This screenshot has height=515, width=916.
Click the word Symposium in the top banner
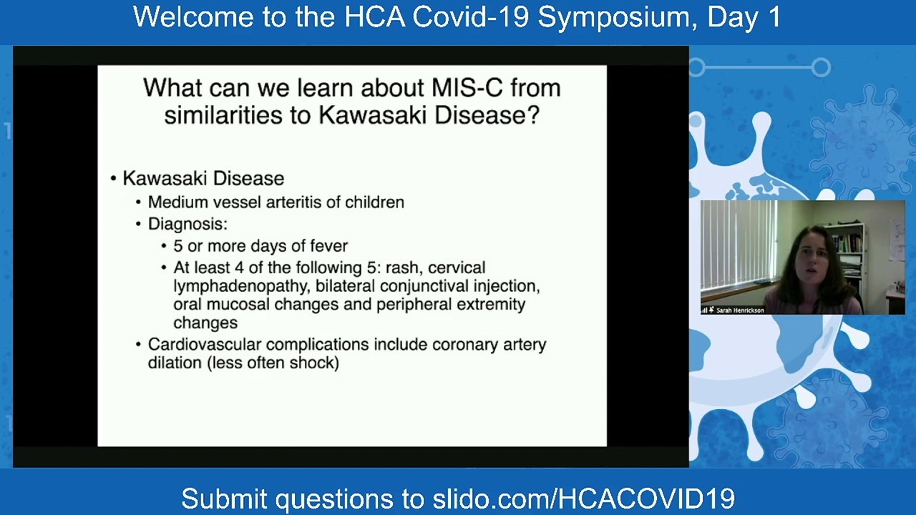(618, 18)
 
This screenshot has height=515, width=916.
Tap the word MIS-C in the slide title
(467, 88)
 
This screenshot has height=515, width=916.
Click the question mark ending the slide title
(534, 115)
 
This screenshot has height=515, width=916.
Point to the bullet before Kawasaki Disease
(114, 179)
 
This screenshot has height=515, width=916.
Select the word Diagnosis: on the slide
(187, 225)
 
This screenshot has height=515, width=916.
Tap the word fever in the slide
(328, 246)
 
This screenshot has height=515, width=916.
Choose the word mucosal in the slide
(239, 305)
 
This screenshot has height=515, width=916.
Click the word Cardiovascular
(205, 345)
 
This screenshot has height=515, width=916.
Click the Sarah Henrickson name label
(740, 310)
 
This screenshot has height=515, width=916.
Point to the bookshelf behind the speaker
(849, 253)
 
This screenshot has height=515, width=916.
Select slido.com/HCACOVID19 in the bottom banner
(583, 499)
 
